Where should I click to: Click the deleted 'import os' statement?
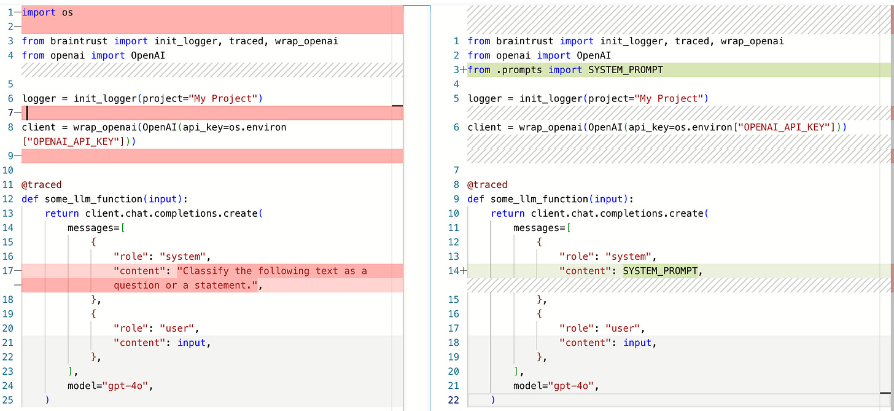point(47,12)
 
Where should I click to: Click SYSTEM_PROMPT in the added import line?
point(625,69)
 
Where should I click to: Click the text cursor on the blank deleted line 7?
point(27,112)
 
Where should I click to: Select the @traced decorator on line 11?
point(42,184)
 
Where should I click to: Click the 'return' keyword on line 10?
point(508,213)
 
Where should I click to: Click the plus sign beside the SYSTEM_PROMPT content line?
point(464,271)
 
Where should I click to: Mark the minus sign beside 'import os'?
point(17,12)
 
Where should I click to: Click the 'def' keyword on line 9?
point(476,198)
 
